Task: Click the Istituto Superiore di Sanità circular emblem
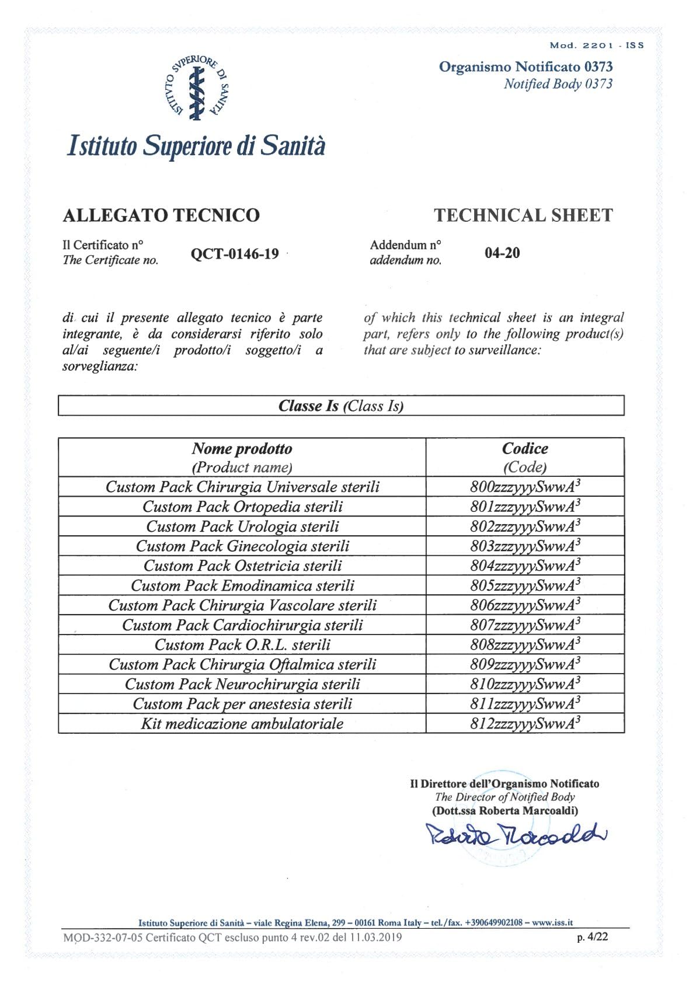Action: coord(197,87)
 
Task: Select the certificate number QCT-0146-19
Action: coord(235,254)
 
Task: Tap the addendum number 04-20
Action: coord(502,253)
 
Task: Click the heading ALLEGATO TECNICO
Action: coord(161,215)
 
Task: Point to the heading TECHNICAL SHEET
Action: coord(523,215)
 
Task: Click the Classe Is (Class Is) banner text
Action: coord(341,406)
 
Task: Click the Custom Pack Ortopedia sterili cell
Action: coord(242,507)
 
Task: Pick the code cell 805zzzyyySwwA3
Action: coord(525,585)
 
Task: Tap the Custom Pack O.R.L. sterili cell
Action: coord(242,644)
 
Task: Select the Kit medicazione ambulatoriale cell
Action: coord(242,724)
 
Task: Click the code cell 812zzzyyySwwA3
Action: coord(525,723)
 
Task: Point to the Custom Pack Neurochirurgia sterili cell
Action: coord(242,684)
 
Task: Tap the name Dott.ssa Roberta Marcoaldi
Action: coord(505,811)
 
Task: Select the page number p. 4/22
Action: coord(592,937)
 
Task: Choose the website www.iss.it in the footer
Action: coord(552,923)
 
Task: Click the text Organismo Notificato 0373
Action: coord(526,67)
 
